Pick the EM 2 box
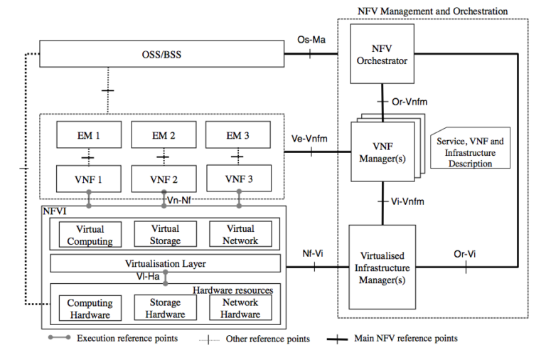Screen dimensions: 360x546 coord(164,134)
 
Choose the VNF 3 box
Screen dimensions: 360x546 coord(238,178)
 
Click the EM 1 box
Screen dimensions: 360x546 coord(89,134)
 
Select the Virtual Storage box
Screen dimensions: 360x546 coord(164,234)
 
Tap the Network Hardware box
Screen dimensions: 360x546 coord(239,308)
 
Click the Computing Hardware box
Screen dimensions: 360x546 coord(90,308)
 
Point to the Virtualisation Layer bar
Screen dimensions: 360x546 coord(165,263)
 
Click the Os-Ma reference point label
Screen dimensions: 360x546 coord(311,40)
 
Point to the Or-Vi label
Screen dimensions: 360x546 coord(465,253)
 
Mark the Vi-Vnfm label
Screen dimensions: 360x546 coord(407,202)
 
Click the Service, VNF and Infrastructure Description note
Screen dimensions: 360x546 coord(470,152)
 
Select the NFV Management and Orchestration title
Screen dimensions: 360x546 coord(432,11)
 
